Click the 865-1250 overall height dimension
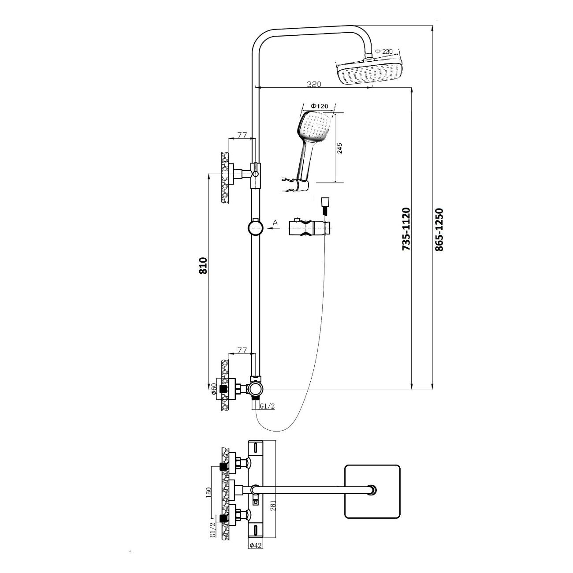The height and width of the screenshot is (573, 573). [439, 230]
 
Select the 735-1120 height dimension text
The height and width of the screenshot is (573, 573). [406, 230]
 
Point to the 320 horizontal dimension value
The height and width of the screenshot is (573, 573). [314, 84]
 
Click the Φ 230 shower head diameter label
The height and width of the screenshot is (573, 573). [384, 52]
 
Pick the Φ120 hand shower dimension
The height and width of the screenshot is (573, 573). [319, 106]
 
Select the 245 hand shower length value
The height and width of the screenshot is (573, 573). [340, 148]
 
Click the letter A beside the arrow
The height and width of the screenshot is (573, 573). [275, 223]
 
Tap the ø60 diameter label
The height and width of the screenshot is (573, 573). [214, 389]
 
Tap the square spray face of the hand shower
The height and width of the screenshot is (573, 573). [314, 125]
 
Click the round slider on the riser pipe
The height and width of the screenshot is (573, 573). [255, 228]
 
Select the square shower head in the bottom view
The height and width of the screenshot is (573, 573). [372, 491]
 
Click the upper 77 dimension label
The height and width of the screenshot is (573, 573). [242, 135]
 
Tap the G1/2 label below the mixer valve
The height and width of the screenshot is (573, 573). [267, 406]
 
